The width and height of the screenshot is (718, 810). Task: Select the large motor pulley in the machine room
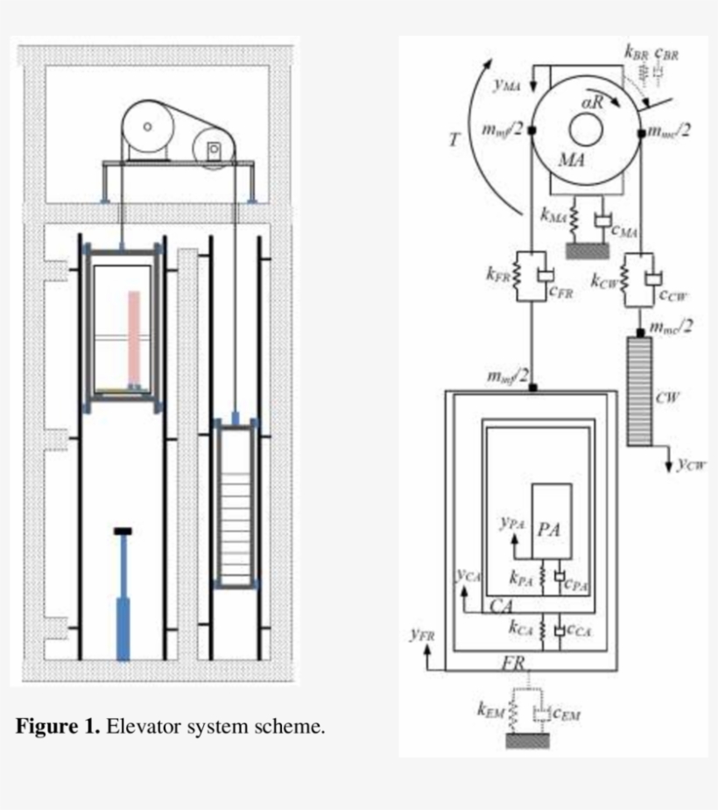click(148, 127)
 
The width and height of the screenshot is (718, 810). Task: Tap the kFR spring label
click(496, 275)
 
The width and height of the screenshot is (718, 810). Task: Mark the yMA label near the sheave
click(506, 85)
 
